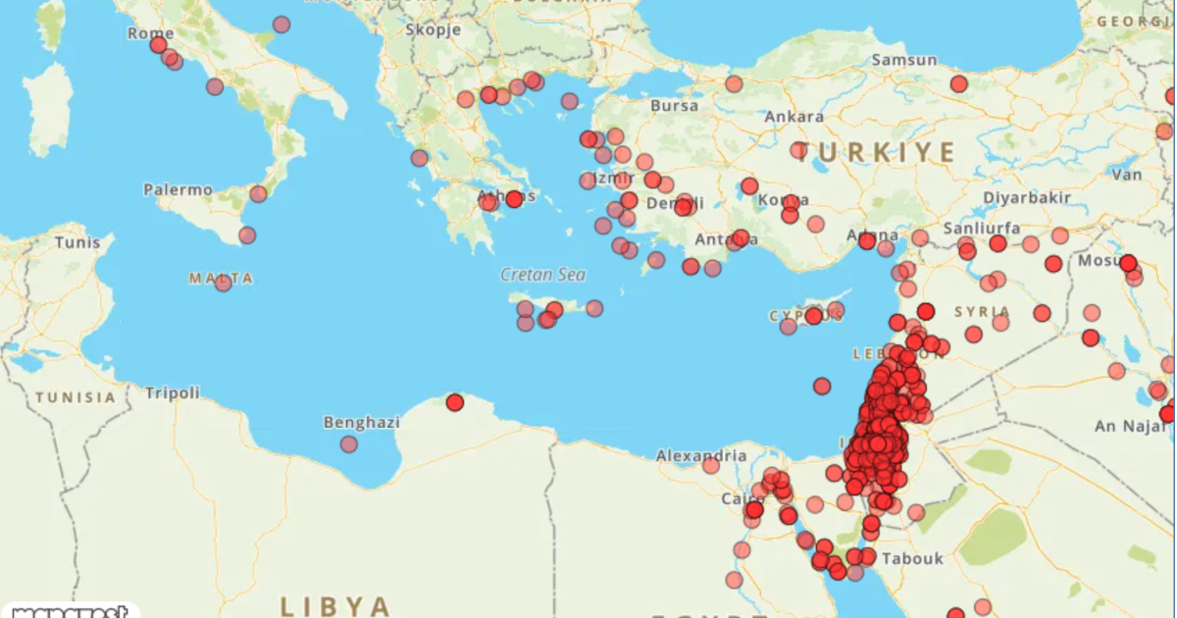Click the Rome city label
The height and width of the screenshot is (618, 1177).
(150, 33)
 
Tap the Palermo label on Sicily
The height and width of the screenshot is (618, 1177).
(178, 189)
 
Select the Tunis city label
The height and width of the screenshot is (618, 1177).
(77, 242)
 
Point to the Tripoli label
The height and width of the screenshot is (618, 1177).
(173, 393)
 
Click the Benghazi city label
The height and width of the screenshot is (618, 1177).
(362, 423)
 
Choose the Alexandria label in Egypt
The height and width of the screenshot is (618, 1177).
(701, 456)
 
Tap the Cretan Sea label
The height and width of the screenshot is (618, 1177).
(542, 276)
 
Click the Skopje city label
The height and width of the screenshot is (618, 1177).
(434, 29)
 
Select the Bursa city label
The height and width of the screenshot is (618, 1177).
(675, 106)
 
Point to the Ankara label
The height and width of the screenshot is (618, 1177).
(793, 117)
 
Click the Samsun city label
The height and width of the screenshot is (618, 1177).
(904, 61)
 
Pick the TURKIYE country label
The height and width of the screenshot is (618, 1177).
(874, 152)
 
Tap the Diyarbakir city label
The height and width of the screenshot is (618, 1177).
(1026, 197)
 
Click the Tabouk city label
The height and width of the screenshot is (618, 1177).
(912, 558)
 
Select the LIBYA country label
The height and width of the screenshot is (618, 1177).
(335, 604)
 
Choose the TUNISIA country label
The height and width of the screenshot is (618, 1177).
(76, 398)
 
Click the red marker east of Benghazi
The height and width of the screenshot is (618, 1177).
(454, 402)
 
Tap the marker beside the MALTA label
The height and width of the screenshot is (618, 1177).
(223, 283)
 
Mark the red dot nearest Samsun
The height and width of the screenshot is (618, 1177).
(958, 84)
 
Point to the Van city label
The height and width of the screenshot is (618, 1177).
(1129, 175)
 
